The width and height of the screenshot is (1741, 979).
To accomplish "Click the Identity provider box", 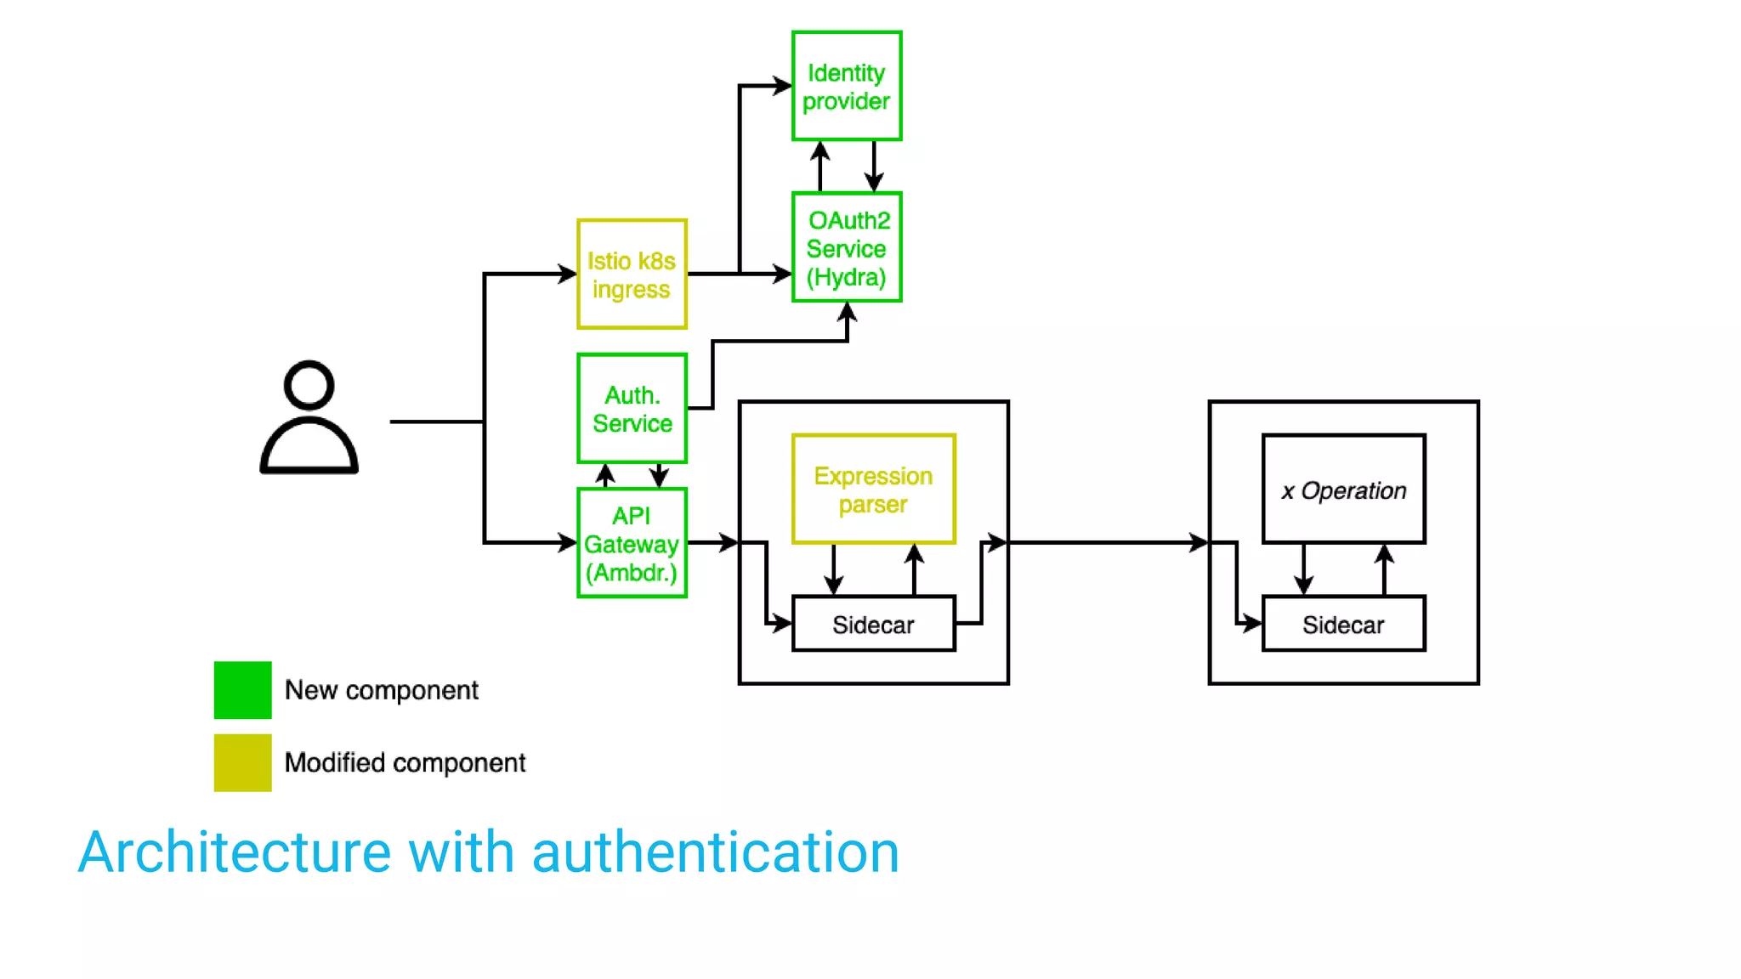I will (846, 86).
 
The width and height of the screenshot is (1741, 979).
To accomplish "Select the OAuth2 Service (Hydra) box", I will (846, 247).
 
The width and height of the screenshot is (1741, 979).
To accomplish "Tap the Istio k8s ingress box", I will (632, 274).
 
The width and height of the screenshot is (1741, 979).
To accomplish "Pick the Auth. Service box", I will (632, 409).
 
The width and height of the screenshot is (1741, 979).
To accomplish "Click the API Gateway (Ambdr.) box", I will (632, 543).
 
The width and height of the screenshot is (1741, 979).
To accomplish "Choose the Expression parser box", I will (873, 489).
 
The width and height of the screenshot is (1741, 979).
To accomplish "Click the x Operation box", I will (1343, 489).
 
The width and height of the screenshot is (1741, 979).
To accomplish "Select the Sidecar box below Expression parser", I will (873, 625).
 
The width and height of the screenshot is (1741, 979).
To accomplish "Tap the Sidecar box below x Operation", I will (1343, 625).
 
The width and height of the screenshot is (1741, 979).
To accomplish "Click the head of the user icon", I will (309, 385).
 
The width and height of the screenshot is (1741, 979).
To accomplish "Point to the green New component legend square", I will (243, 690).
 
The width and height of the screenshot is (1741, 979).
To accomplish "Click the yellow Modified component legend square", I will (243, 762).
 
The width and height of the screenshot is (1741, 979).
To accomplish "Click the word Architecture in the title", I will (234, 852).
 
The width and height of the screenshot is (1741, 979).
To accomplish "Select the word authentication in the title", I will (715, 852).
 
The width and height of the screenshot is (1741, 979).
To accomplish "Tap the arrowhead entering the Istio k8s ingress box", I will (568, 274).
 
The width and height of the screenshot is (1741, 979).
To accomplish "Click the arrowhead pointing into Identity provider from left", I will (782, 86).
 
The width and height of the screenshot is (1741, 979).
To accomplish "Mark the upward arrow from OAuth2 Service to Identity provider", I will (819, 165).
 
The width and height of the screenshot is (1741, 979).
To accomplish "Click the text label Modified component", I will (405, 762).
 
